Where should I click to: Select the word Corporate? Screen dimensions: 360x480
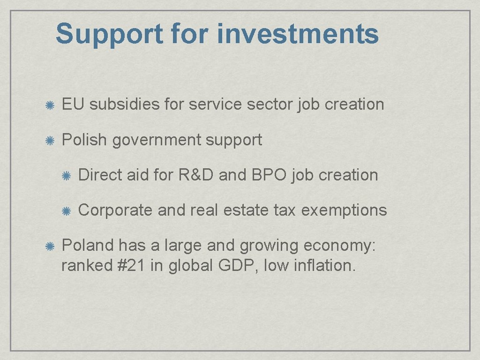click(115, 210)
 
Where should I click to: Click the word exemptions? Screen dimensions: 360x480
click(344, 210)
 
